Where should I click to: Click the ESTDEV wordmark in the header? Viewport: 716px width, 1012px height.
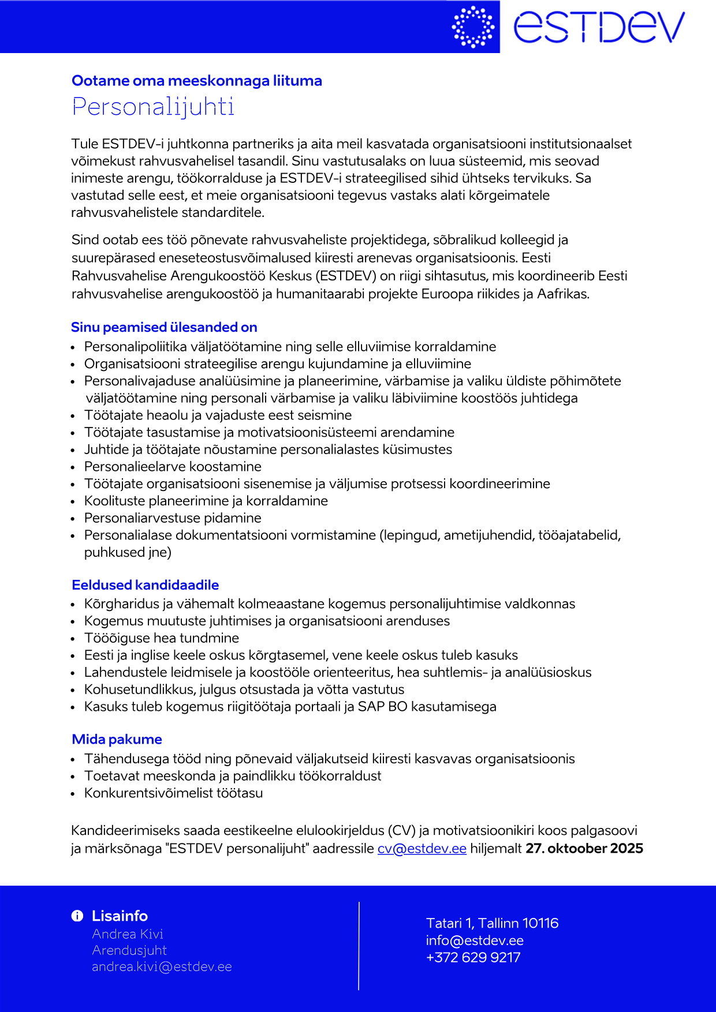tap(599, 27)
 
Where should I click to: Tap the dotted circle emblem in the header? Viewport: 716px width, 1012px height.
tap(473, 27)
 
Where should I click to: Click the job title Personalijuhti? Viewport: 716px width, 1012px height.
tap(153, 107)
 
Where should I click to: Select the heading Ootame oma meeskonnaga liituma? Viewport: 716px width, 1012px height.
tap(197, 81)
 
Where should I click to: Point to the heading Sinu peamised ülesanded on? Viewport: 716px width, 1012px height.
tap(164, 327)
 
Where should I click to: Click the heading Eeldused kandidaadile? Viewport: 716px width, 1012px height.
tap(146, 585)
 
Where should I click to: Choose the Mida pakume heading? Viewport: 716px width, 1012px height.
tap(117, 739)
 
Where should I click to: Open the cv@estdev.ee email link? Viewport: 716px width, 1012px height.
tap(422, 848)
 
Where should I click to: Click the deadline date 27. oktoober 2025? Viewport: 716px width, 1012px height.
tap(584, 848)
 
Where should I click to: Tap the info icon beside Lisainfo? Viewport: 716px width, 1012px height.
tap(77, 916)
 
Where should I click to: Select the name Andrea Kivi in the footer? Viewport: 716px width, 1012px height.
tap(128, 934)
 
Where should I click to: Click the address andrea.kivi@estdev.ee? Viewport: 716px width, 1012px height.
tap(162, 966)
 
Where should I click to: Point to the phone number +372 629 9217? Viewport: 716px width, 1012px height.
tap(473, 957)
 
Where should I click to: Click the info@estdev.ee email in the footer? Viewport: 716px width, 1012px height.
tap(475, 940)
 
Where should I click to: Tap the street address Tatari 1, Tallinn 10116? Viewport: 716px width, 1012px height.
tap(492, 923)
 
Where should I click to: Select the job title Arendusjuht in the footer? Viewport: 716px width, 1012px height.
tap(129, 950)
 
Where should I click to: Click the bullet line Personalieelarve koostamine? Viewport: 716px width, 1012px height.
tap(173, 466)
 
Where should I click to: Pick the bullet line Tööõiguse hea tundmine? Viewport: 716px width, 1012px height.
tap(162, 638)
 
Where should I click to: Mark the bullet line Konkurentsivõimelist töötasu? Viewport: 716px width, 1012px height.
tap(173, 793)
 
